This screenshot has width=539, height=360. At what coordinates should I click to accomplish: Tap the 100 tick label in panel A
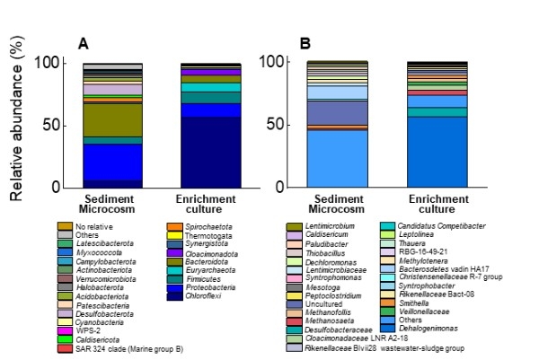pos(46,63)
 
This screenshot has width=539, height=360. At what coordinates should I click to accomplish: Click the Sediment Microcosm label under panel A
pos(113,202)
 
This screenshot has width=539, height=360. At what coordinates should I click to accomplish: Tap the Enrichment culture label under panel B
pos(436,202)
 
